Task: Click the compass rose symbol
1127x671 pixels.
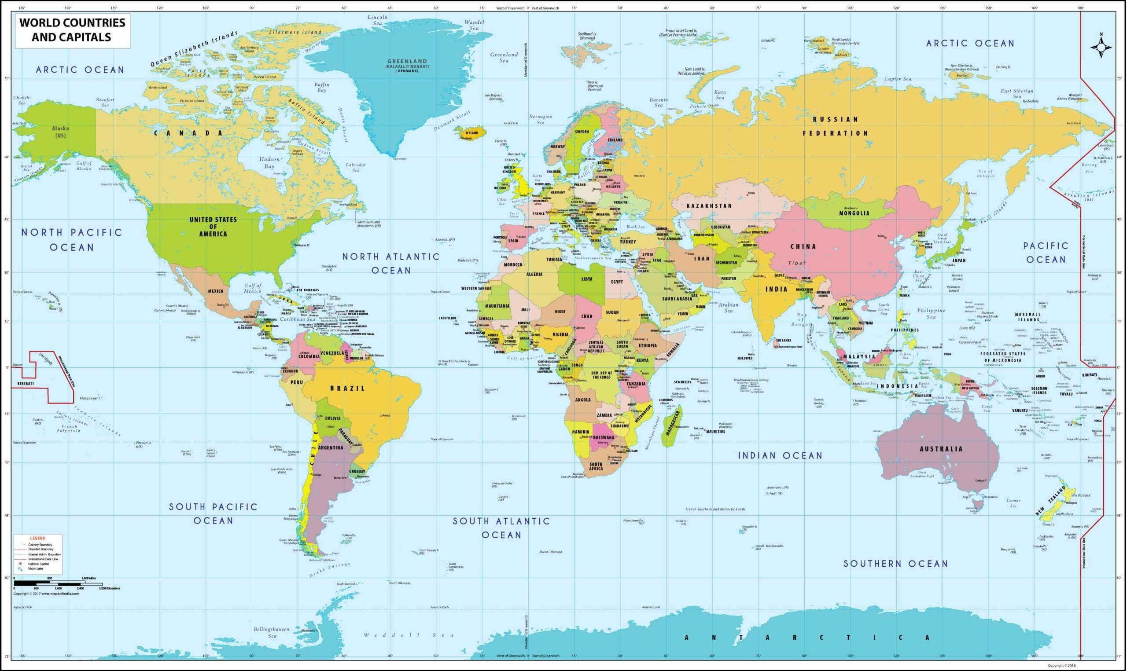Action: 1101,48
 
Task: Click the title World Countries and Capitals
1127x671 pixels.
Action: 72,30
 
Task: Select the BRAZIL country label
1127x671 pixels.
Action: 347,389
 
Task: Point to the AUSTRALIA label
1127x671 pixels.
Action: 941,449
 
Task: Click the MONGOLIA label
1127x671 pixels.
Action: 854,213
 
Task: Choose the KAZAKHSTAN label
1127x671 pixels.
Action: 709,206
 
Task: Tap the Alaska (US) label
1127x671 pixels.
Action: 60,132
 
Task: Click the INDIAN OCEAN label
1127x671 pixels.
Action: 780,456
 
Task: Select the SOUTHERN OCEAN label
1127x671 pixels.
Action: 895,564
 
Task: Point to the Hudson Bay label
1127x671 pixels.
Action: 269,163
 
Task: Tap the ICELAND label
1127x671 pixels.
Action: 471,133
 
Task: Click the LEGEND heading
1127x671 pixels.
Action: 37,538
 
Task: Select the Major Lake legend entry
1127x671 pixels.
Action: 36,569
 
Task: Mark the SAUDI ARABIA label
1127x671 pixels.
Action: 677,299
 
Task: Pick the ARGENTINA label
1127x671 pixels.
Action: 330,447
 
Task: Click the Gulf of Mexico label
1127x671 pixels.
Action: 253,288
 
